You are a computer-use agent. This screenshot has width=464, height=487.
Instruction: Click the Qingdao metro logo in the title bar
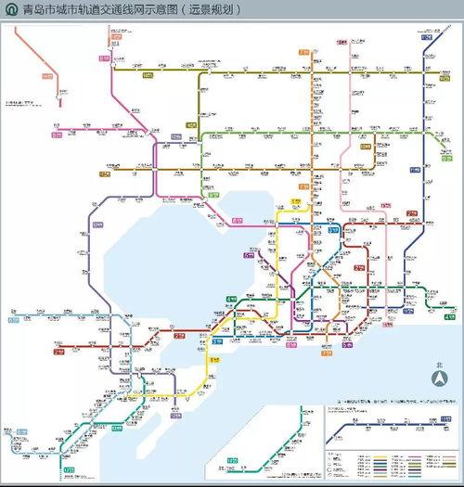pyautogui.click(x=8, y=10)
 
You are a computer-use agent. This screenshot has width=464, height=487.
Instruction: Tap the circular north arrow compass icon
pyautogui.click(x=441, y=378)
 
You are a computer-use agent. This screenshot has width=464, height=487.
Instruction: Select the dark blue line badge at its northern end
pyautogui.click(x=427, y=37)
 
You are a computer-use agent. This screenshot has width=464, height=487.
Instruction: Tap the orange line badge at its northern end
pyautogui.click(x=303, y=53)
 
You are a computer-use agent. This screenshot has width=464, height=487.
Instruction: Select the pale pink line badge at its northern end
pyautogui.click(x=341, y=43)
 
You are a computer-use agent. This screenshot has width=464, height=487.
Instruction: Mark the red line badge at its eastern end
pyautogui.click(x=411, y=213)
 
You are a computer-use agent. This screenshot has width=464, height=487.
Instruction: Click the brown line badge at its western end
pyautogui.click(x=104, y=173)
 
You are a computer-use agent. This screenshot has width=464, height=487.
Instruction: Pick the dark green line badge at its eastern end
pyautogui.click(x=449, y=317)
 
